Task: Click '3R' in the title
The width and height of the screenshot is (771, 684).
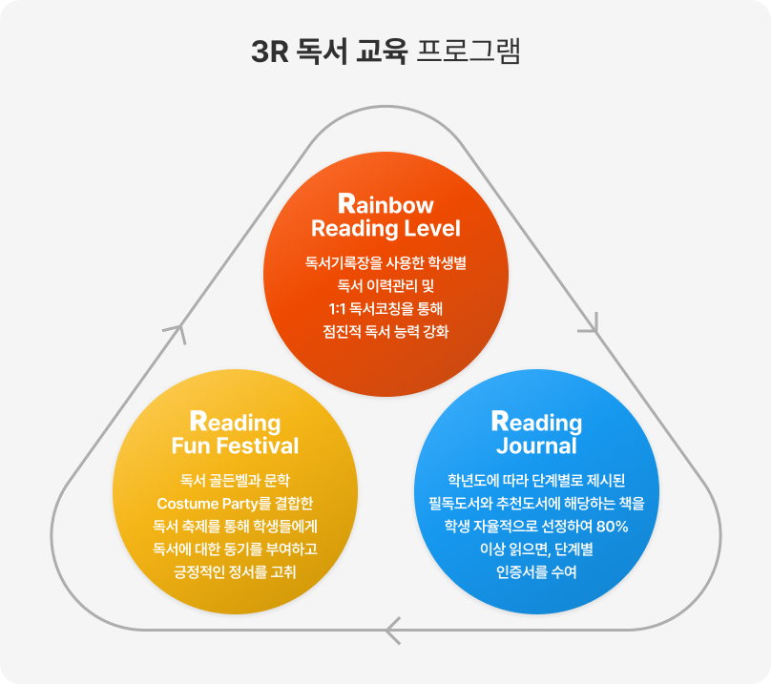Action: point(269,52)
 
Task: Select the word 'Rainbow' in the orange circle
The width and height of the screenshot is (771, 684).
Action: point(385,205)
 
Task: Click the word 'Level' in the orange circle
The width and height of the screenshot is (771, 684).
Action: point(430,229)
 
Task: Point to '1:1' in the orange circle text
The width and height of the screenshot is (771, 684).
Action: point(340,308)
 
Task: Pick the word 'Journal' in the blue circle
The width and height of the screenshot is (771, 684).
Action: point(536,446)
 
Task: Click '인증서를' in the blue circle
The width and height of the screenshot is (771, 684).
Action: point(523,573)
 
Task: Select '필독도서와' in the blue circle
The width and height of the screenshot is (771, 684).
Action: point(461,503)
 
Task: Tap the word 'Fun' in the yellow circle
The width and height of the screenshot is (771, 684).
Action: point(190,446)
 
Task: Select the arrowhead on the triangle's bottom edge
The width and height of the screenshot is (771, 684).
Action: point(391,630)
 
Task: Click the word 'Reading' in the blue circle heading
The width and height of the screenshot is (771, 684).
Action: point(536,422)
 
